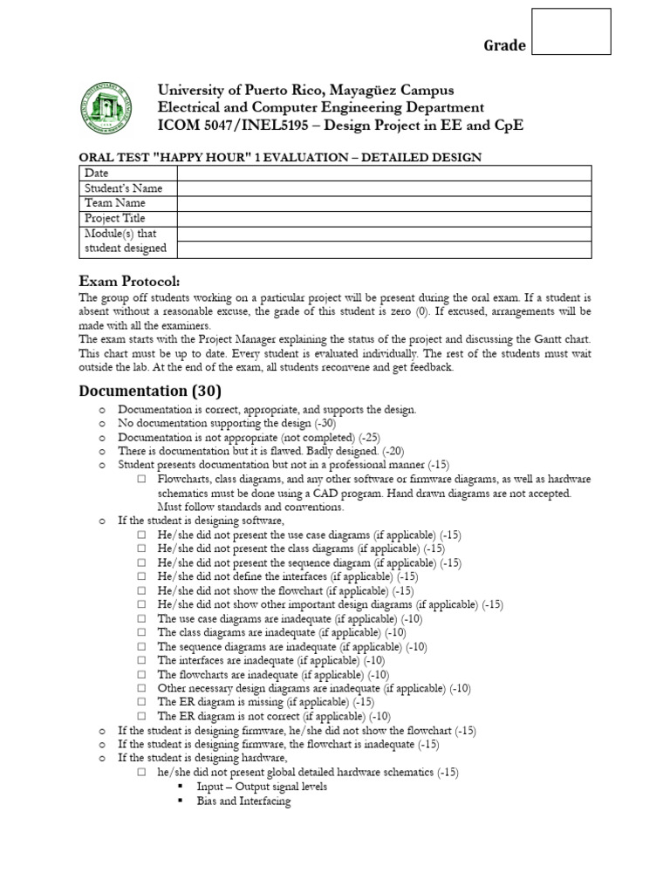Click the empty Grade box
(x=571, y=31)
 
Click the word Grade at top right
(x=505, y=45)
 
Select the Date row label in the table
(x=95, y=174)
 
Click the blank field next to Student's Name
(x=384, y=188)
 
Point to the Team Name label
(x=114, y=203)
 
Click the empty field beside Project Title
(x=384, y=218)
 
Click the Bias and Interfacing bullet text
(x=243, y=801)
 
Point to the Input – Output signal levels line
(x=262, y=787)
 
